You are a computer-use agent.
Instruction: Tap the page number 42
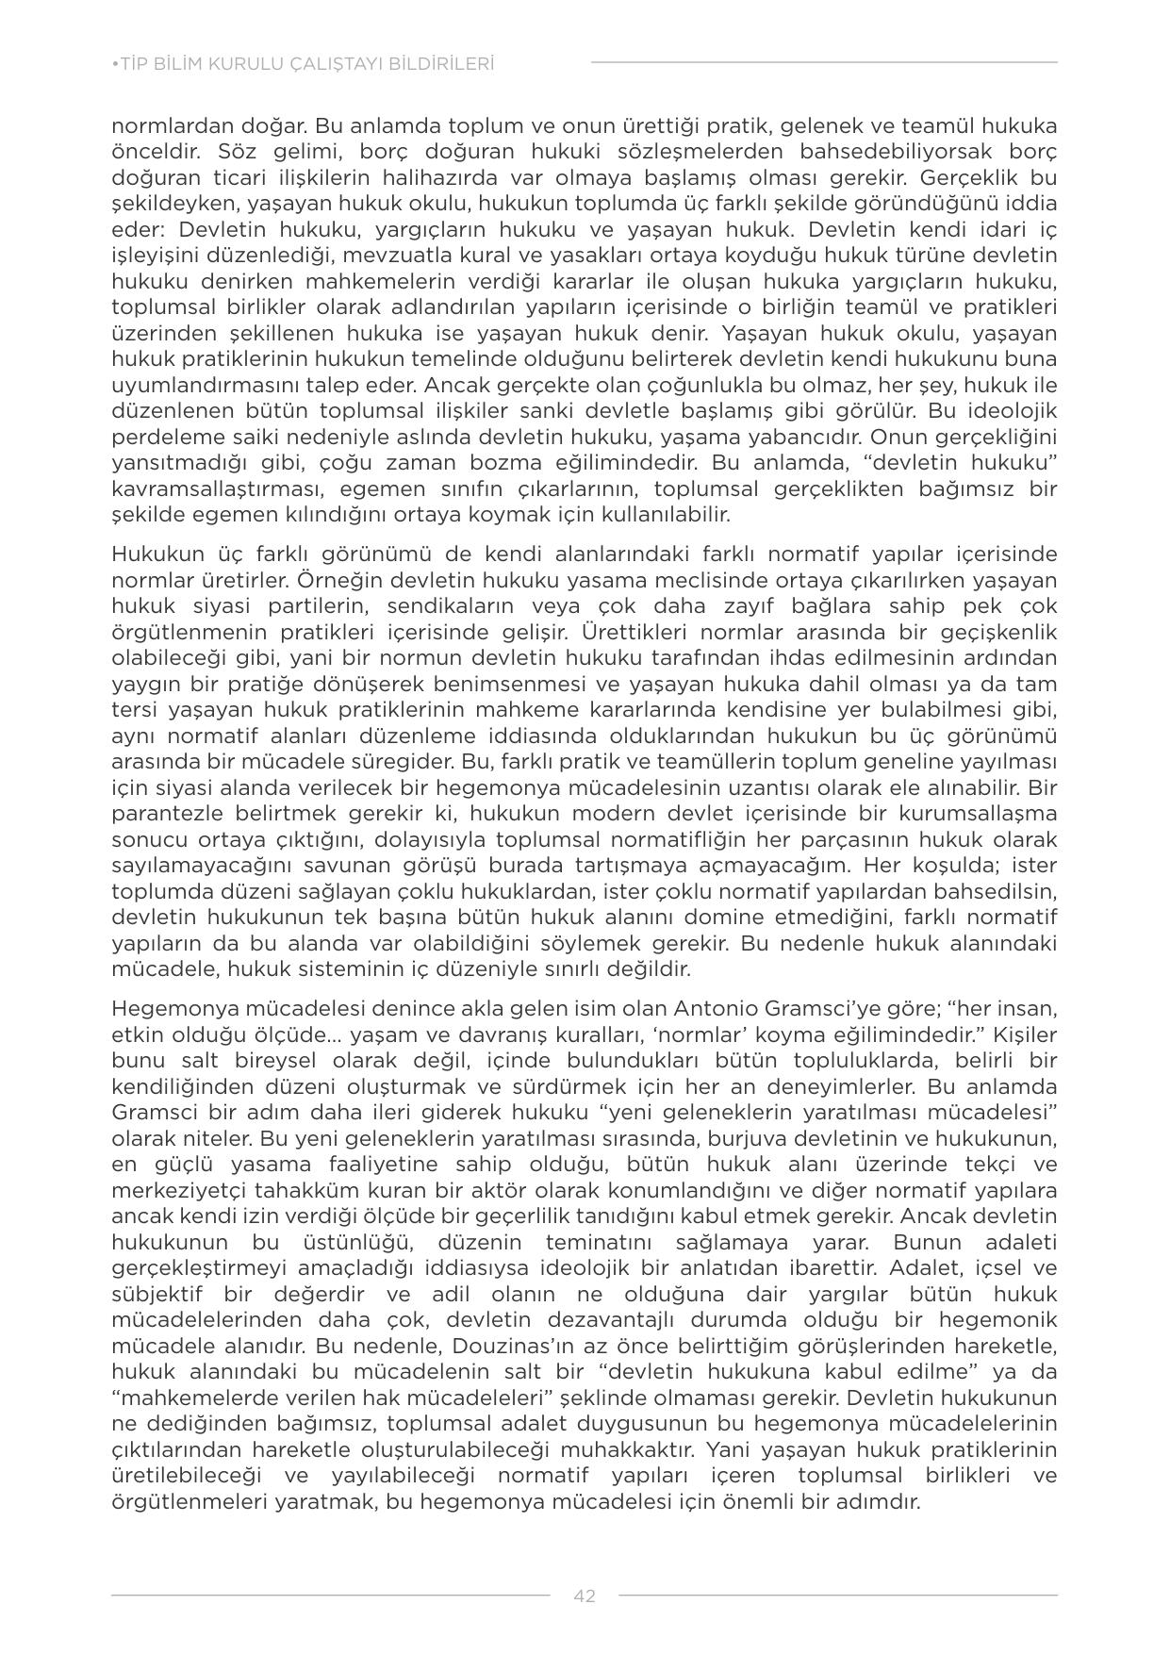(585, 1596)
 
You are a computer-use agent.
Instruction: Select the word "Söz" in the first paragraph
(237, 152)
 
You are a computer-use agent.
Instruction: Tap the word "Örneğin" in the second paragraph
(338, 579)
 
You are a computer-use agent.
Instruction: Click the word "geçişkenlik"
(997, 631)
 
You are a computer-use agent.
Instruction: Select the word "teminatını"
(596, 1241)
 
